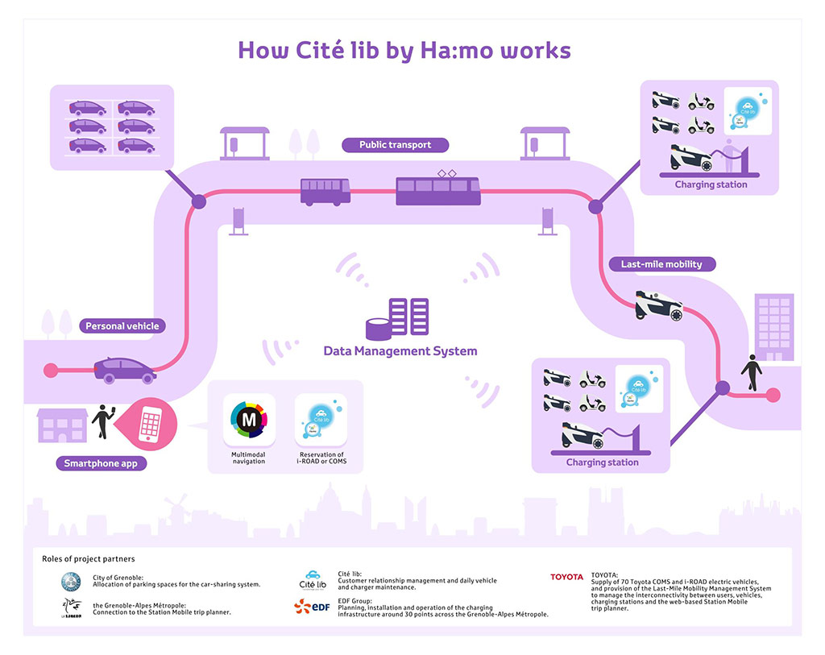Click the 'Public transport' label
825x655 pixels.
tap(396, 145)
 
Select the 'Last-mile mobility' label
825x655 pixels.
tap(661, 264)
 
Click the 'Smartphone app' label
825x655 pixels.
tap(101, 463)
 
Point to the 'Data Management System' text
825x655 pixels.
tap(400, 351)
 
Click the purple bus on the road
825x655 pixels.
tap(325, 192)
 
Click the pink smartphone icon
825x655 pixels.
tap(151, 422)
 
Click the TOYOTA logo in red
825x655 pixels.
tap(566, 577)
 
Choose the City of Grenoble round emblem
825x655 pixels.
tap(72, 581)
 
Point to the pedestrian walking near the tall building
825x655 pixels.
tap(752, 371)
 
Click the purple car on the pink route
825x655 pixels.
tap(125, 370)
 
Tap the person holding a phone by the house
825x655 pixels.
tap(102, 421)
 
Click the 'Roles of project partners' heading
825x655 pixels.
tap(89, 558)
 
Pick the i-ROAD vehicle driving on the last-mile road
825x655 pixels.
tap(658, 305)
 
